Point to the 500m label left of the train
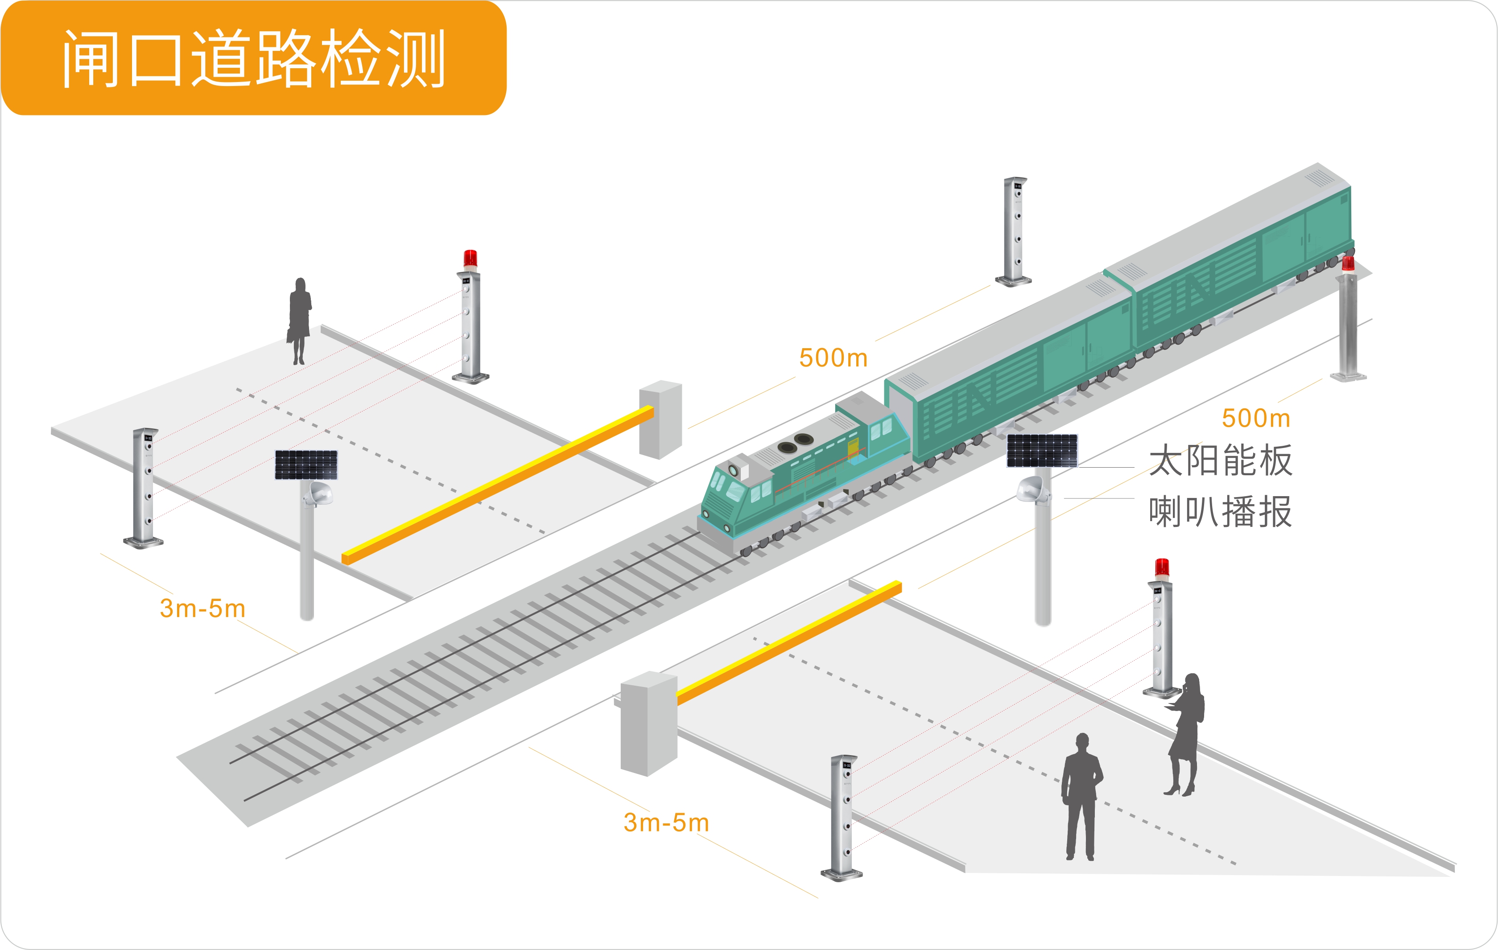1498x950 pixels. pyautogui.click(x=833, y=358)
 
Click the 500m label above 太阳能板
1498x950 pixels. pyautogui.click(x=1255, y=419)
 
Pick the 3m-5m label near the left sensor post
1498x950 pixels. pyautogui.click(x=202, y=609)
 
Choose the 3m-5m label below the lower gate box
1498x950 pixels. pyautogui.click(x=666, y=823)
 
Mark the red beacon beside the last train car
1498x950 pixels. pyautogui.click(x=1348, y=263)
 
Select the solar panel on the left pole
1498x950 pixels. pyautogui.click(x=306, y=465)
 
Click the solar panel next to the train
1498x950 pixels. pyautogui.click(x=1042, y=451)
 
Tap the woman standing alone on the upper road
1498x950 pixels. pyautogui.click(x=299, y=320)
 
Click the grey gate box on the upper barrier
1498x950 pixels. pyautogui.click(x=660, y=419)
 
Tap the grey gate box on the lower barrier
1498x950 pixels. pyautogui.click(x=648, y=723)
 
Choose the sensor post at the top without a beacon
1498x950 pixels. pyautogui.click(x=1015, y=231)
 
